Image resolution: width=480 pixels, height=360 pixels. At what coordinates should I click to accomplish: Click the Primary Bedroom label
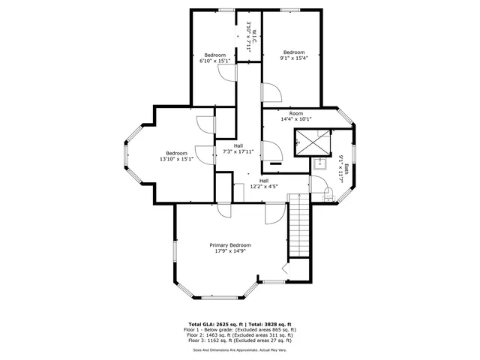click(229, 245)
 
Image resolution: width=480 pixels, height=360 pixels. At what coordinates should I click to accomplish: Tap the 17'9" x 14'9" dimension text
click(229, 252)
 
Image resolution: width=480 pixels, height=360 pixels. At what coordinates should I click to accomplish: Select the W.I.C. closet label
click(254, 35)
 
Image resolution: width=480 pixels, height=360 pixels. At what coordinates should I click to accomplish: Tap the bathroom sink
click(320, 163)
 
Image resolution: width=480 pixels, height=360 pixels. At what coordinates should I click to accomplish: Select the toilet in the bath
click(331, 194)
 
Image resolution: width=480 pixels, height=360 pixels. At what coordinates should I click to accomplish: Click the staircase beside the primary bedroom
click(299, 225)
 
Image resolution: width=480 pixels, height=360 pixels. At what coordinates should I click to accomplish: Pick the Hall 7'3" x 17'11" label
click(238, 148)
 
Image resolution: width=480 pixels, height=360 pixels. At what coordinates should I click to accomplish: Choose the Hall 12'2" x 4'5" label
click(264, 183)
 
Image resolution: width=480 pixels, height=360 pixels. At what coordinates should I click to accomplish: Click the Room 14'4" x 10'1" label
click(295, 115)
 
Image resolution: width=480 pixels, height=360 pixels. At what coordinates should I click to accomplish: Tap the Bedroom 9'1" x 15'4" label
click(293, 55)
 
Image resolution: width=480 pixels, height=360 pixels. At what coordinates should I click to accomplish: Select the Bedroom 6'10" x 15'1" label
click(215, 58)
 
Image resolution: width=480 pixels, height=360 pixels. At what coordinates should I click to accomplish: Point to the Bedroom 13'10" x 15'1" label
click(176, 156)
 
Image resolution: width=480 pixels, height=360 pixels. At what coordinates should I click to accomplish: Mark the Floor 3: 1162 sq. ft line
click(240, 340)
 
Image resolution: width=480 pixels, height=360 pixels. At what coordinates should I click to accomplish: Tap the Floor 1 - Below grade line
click(240, 329)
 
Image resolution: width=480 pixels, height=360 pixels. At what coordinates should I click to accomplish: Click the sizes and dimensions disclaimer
click(240, 349)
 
